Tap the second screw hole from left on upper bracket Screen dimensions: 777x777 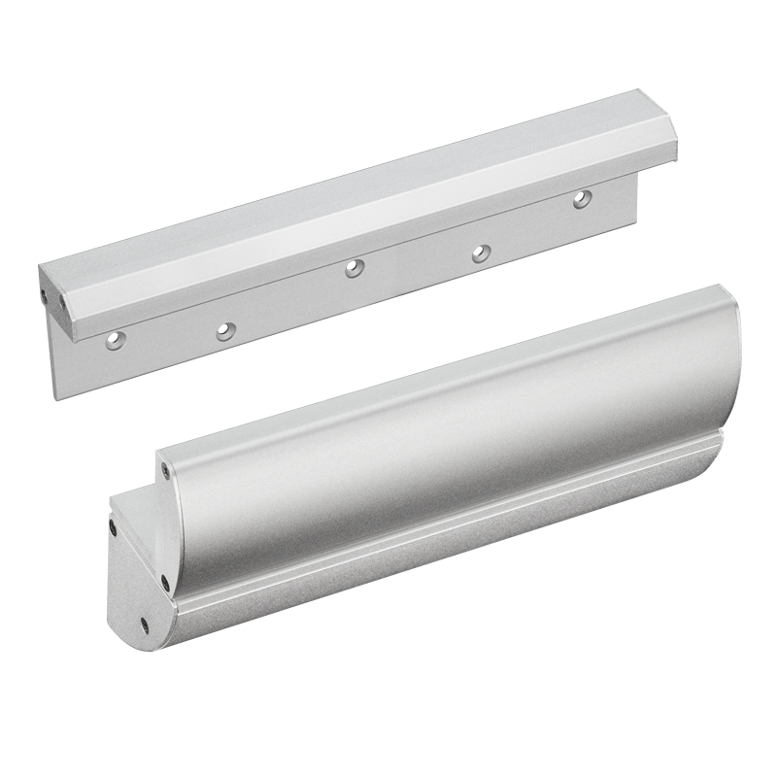(224, 330)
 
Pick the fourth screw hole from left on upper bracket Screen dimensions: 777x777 (478, 253)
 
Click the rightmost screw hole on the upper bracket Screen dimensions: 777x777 (581, 198)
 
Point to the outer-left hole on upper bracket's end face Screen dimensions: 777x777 (45, 287)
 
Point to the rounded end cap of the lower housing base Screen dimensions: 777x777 (131, 592)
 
